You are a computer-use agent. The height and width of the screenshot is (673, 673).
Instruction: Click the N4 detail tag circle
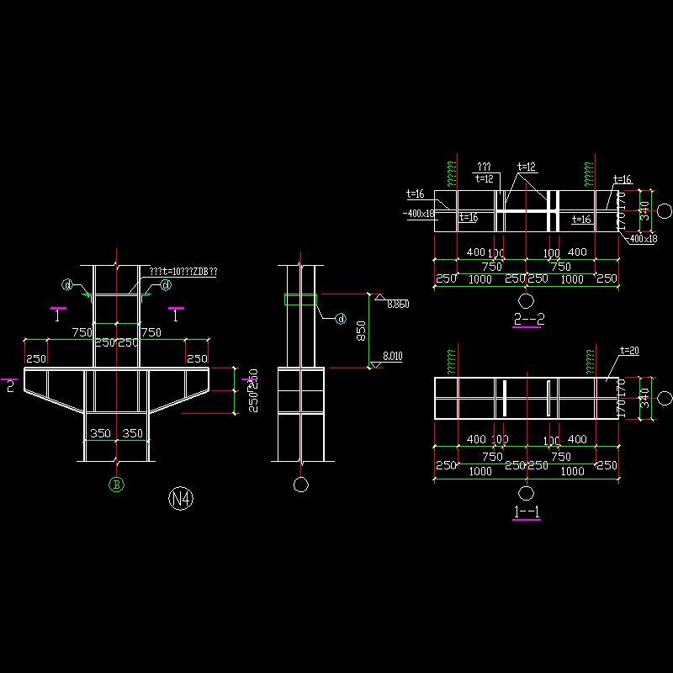pyautogui.click(x=182, y=499)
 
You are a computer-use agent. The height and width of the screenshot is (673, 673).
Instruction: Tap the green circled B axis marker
pyautogui.click(x=117, y=484)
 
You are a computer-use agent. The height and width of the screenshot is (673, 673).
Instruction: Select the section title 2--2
pyautogui.click(x=527, y=319)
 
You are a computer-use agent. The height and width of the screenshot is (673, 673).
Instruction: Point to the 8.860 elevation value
pyautogui.click(x=397, y=305)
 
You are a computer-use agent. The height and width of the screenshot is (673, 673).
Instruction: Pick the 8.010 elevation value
pyautogui.click(x=392, y=356)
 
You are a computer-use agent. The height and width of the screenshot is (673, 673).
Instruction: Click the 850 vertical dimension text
pyautogui.click(x=361, y=331)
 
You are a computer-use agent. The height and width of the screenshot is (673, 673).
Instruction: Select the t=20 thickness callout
pyautogui.click(x=629, y=350)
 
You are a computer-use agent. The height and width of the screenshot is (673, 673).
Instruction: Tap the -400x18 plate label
pyautogui.click(x=418, y=214)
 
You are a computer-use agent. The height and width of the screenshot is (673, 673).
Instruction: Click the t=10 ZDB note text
pyautogui.click(x=183, y=272)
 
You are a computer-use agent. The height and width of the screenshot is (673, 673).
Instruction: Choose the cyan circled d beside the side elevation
pyautogui.click(x=341, y=318)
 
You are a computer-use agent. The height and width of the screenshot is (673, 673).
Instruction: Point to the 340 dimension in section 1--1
pyautogui.click(x=645, y=394)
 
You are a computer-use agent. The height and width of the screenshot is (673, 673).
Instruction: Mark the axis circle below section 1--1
pyautogui.click(x=527, y=492)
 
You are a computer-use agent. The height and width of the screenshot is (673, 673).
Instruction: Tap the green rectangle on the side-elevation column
pyautogui.click(x=300, y=299)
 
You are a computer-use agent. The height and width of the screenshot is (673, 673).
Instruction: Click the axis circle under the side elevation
pyautogui.click(x=299, y=484)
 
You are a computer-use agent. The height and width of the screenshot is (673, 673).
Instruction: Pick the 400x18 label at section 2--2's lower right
pyautogui.click(x=644, y=239)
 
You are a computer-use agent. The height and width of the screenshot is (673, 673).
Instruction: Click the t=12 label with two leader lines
pyautogui.click(x=527, y=167)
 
